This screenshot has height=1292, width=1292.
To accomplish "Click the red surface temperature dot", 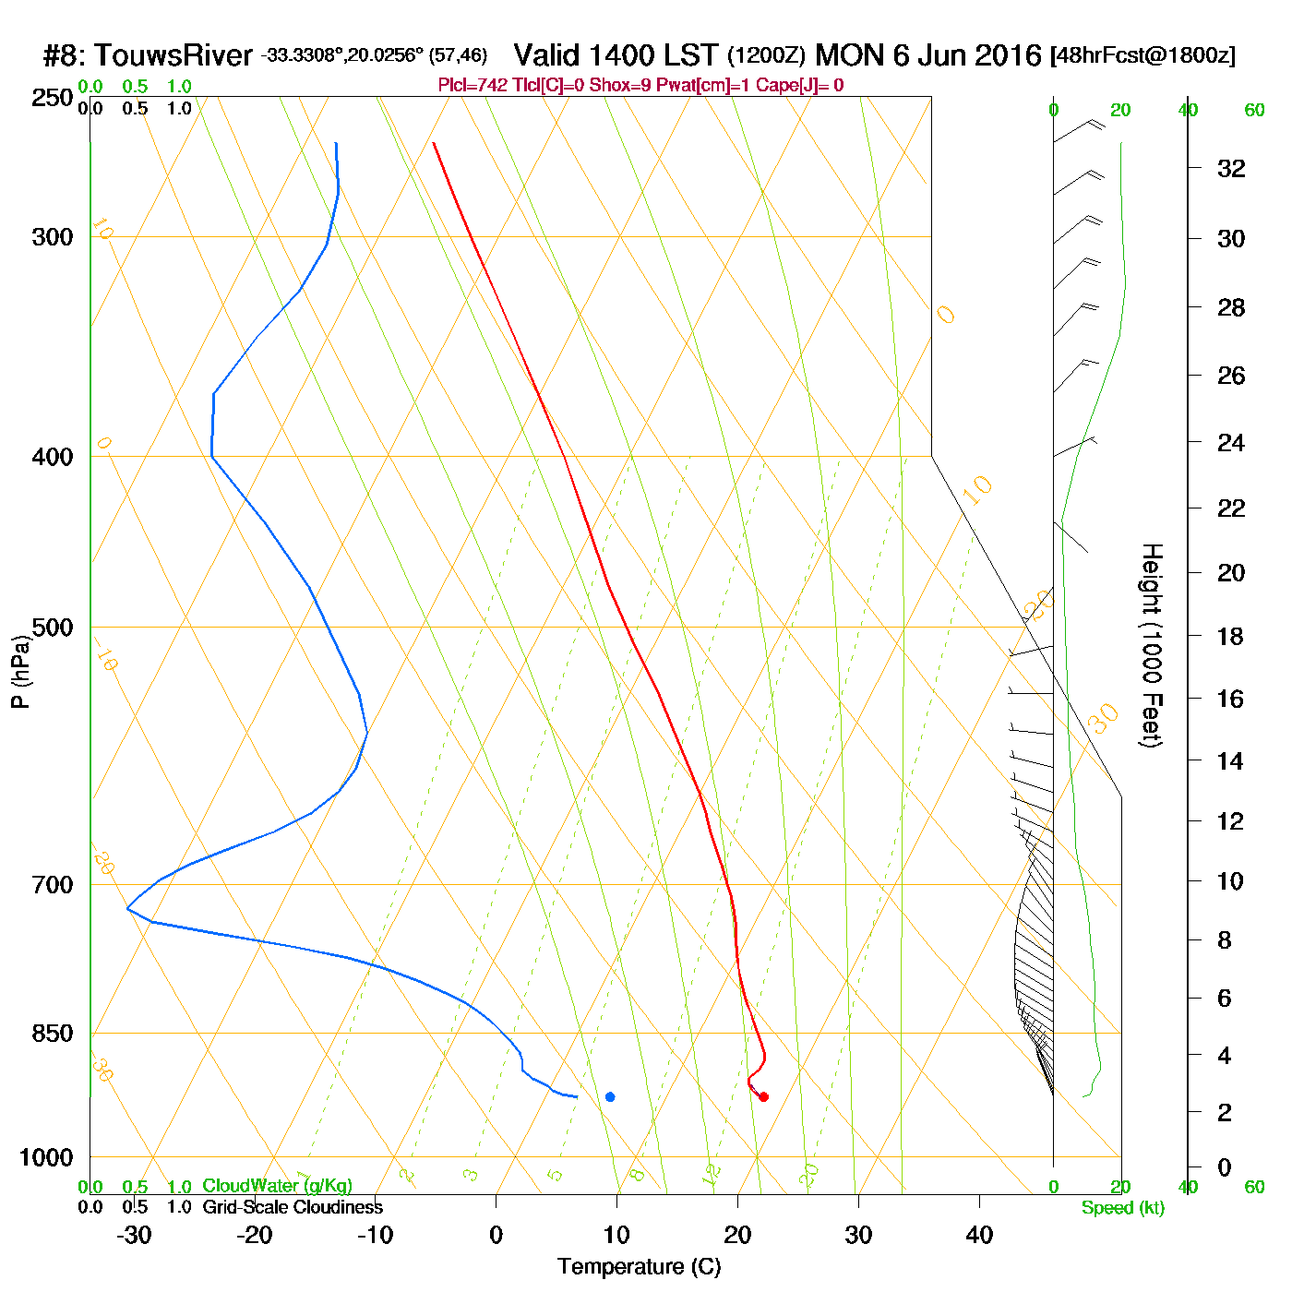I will coord(763,1096).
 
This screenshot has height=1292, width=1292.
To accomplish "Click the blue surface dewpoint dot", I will coord(610,1096).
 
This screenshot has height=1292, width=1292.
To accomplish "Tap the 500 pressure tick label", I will coord(53,628).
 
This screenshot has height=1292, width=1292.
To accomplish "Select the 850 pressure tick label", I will coord(53,1034).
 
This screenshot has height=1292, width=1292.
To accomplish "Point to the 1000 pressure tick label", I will coord(46,1157).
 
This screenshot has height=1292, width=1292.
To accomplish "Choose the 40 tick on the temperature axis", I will coord(979,1235).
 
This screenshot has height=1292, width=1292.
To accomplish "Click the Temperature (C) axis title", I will coord(639,1267).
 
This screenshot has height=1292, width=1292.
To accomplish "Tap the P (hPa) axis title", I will coord(20,672).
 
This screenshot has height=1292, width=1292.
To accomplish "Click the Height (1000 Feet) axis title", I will coord(1151,645).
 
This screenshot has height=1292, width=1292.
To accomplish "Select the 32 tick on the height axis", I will coord(1231,169).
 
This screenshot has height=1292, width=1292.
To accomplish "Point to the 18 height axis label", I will coord(1230,636).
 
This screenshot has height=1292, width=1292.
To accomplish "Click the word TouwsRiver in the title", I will coord(173,55).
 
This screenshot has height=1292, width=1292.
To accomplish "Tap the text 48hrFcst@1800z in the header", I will coord(1142,55).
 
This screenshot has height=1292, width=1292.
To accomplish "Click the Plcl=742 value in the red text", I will coord(473,86).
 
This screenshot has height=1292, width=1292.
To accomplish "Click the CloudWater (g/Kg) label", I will coord(277,1186).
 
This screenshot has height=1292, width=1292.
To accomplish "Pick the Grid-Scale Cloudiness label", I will coord(293,1207).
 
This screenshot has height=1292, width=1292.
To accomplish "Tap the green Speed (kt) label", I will coord(1122,1208).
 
